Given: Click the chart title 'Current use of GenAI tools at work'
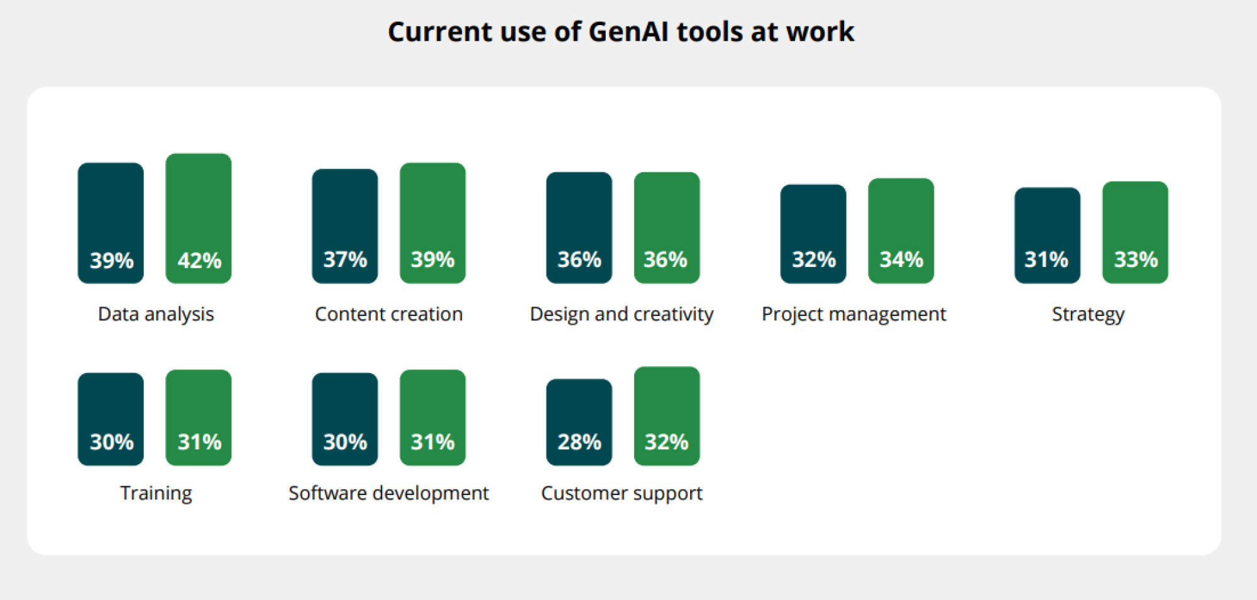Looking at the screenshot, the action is (621, 31).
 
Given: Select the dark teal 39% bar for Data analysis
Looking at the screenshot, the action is (111, 223).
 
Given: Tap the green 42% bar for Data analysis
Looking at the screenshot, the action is (199, 219).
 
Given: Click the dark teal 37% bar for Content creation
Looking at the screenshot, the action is (345, 226).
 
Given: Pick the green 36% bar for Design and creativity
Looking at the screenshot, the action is (667, 227).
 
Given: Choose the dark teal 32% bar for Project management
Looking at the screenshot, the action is (813, 234).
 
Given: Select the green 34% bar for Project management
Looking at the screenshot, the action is (901, 231).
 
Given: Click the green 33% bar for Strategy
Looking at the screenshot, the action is (1135, 232).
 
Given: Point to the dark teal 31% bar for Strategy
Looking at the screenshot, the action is (1048, 236).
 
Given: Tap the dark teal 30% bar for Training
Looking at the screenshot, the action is (111, 419).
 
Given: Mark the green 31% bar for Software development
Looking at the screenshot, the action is (433, 418).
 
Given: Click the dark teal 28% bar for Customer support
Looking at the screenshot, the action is (579, 422).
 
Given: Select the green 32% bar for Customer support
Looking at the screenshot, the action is (667, 416).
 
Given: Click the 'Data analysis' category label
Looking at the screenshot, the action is (156, 314).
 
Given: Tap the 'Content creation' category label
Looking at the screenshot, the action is (389, 314).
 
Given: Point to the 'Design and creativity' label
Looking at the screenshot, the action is (622, 314).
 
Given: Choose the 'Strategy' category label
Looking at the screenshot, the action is (1089, 314).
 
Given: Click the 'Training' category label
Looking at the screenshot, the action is (156, 493).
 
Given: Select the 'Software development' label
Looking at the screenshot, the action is (388, 493).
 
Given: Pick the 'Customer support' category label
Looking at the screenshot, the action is (622, 493).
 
